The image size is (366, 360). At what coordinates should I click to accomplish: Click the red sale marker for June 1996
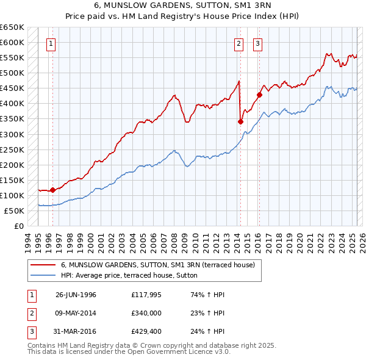tap(52, 190)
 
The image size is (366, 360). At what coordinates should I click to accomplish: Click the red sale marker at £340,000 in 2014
tap(240, 121)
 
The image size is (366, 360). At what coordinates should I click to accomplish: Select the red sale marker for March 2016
tap(259, 95)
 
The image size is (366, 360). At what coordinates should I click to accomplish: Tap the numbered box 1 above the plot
tap(50, 43)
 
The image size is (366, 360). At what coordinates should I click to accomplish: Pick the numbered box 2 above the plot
tap(238, 43)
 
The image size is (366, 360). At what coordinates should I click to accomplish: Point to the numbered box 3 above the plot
tap(258, 43)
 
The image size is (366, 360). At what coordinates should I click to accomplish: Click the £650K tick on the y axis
tap(12, 27)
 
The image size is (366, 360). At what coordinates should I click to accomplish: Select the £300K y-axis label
tap(12, 134)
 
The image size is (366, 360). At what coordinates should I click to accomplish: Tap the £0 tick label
tap(18, 226)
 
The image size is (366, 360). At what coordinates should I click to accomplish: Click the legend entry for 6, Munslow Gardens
tap(161, 265)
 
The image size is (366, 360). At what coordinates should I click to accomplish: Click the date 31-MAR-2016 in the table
tap(76, 333)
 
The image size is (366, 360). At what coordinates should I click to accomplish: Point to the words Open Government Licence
tap(182, 352)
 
